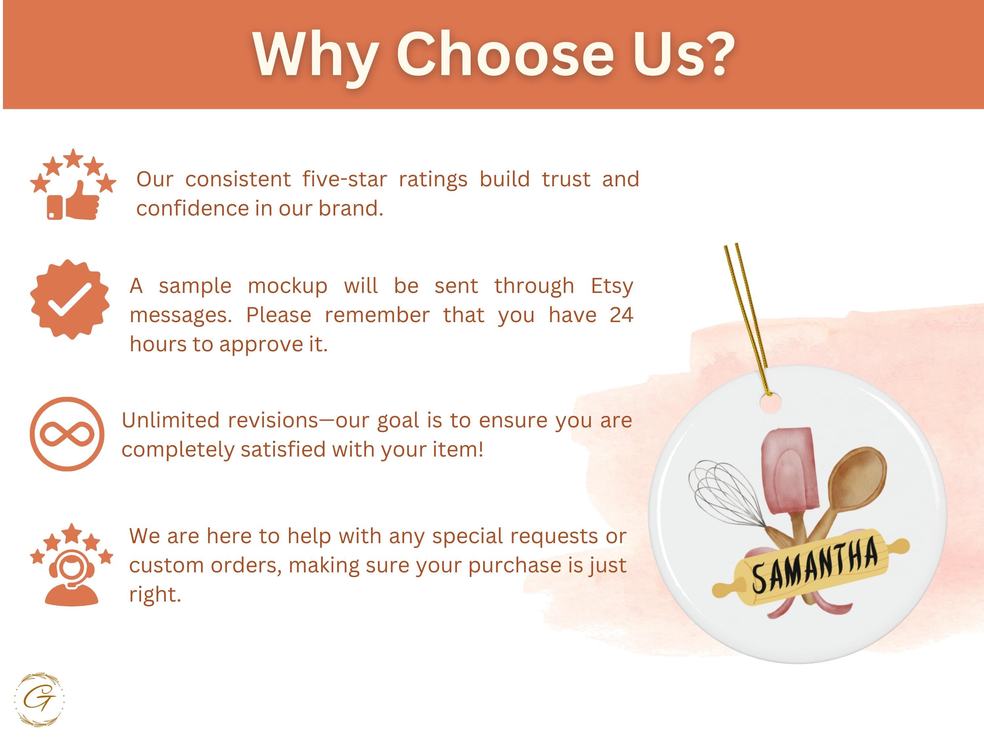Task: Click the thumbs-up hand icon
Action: pyautogui.click(x=83, y=201)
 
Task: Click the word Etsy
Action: pyautogui.click(x=612, y=286)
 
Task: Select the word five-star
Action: pyautogui.click(x=344, y=179)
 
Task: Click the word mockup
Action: pyautogui.click(x=287, y=286)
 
